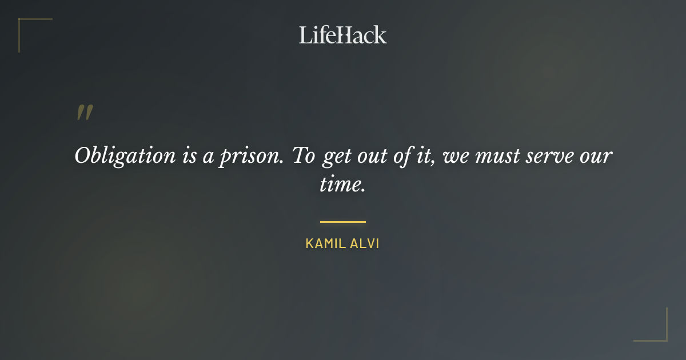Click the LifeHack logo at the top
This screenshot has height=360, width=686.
(343, 35)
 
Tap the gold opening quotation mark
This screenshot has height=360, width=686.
(84, 113)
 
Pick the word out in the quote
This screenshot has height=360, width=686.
(368, 156)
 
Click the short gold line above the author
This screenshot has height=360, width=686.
(343, 222)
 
